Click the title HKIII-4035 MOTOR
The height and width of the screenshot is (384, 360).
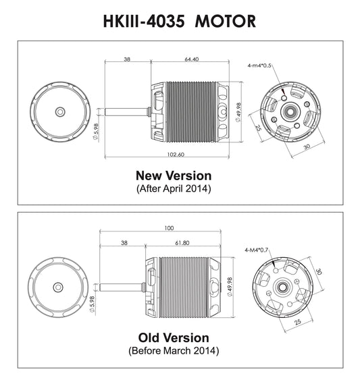[x=179, y=20]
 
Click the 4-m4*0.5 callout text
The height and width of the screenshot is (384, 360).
[x=259, y=65]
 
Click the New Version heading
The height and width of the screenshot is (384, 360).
[x=174, y=175]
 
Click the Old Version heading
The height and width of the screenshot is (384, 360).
[x=174, y=337]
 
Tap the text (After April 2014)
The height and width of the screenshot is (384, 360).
[x=174, y=189]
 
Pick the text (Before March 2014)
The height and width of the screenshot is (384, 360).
[x=174, y=351]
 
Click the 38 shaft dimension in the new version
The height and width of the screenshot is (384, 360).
[x=128, y=59]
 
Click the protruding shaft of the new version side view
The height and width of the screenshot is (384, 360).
[x=125, y=109]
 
